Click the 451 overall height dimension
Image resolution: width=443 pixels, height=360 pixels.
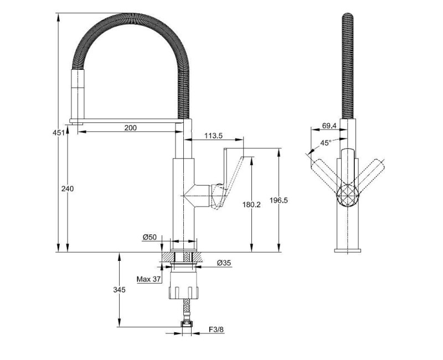pyautogui.click(x=59, y=132)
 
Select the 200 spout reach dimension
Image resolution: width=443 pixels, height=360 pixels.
pyautogui.click(x=130, y=128)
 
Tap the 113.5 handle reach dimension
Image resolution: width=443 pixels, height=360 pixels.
pyautogui.click(x=213, y=136)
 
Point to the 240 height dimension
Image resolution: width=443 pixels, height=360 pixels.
pyautogui.click(x=68, y=188)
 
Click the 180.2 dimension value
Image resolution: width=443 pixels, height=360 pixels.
pyautogui.click(x=251, y=204)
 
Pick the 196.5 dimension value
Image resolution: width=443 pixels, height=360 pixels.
pyautogui.click(x=279, y=200)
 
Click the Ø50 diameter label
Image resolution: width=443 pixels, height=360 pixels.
pyautogui.click(x=150, y=237)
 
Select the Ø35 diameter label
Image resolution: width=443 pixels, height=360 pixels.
pyautogui.click(x=224, y=263)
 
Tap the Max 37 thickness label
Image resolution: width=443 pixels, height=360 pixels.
pyautogui.click(x=148, y=279)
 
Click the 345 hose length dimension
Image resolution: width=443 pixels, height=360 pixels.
pyautogui.click(x=119, y=290)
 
